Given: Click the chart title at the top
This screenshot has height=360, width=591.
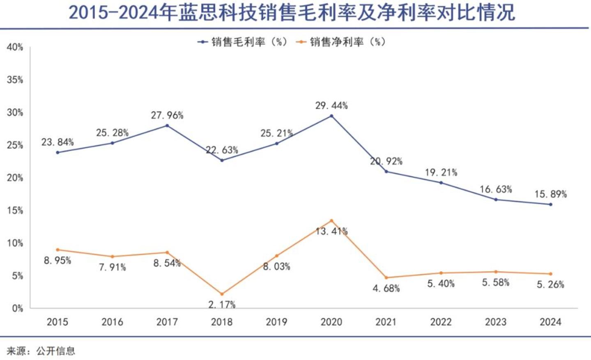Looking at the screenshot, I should (x=292, y=13).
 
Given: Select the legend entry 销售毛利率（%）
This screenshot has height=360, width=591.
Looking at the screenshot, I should (x=243, y=42).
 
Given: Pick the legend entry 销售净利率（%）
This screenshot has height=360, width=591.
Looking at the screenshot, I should (x=341, y=42).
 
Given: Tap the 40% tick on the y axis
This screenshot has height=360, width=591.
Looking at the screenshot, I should (x=15, y=48).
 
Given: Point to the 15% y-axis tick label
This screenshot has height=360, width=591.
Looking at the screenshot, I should (x=15, y=211).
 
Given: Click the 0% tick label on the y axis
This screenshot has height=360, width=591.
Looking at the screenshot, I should (x=17, y=309).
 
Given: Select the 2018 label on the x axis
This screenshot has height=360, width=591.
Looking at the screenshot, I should (x=222, y=322).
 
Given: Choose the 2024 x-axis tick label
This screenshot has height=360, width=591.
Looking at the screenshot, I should (x=550, y=322).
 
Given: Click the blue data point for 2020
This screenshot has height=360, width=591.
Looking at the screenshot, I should (x=331, y=116).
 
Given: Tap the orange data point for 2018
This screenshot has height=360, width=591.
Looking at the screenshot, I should (x=222, y=294).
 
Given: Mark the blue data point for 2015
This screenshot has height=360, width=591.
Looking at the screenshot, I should (x=57, y=152).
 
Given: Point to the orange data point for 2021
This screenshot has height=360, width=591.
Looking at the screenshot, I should (x=386, y=277).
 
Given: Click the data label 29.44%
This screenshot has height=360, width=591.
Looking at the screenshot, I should (x=331, y=106).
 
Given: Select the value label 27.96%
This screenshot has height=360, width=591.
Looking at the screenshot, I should (x=167, y=116).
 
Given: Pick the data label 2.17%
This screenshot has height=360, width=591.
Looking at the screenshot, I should (x=222, y=305).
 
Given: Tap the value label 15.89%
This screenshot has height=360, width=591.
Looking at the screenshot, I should (x=550, y=194).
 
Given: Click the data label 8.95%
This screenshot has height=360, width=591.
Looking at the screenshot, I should (x=57, y=261).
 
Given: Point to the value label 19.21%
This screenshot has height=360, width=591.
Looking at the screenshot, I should (x=441, y=173).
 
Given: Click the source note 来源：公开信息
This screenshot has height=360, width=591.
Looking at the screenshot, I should (x=41, y=351).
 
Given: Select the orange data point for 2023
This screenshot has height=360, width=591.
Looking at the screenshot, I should (x=496, y=272).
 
